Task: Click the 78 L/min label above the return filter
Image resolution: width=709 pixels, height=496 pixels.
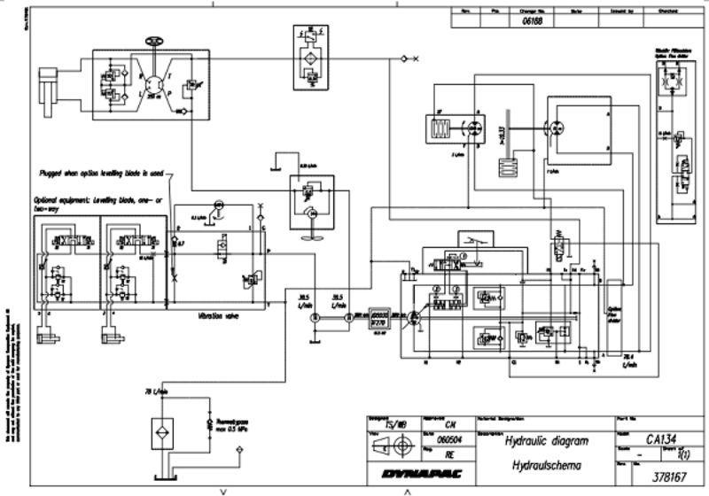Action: (156, 391)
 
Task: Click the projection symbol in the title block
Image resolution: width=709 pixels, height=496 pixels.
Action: (391, 449)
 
